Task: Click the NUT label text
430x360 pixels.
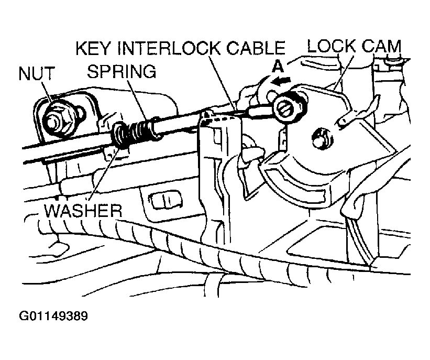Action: pyautogui.click(x=37, y=73)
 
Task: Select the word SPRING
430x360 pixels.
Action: pyautogui.click(x=122, y=71)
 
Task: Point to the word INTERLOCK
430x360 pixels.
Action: pyautogui.click(x=169, y=48)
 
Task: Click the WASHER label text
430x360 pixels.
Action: pyautogui.click(x=83, y=211)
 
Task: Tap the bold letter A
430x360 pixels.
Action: pyautogui.click(x=278, y=67)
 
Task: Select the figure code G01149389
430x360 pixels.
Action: pyautogui.click(x=53, y=316)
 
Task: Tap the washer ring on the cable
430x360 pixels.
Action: pyautogui.click(x=120, y=135)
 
